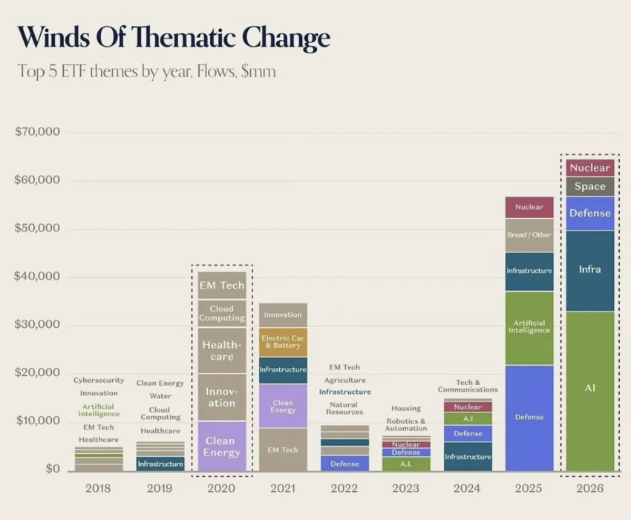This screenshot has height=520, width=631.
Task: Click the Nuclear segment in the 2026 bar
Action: [590, 168]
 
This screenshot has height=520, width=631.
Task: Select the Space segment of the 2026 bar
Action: [590, 187]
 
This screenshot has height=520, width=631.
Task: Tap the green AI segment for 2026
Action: [590, 391]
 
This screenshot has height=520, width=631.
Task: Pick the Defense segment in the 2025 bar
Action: [529, 418]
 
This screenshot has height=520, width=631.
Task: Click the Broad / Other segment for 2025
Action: [529, 235]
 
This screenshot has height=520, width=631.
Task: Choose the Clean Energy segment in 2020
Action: [222, 446]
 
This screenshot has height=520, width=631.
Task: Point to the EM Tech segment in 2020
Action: [222, 285]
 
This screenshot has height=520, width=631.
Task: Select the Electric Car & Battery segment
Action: [283, 342]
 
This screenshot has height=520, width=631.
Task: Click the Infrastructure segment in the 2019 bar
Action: [160, 464]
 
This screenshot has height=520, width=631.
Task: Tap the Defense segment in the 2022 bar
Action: [344, 464]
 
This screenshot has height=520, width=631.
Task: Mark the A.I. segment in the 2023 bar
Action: [406, 464]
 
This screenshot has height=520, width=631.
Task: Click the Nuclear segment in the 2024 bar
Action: [468, 407]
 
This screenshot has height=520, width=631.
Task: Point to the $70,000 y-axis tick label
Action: [37, 131]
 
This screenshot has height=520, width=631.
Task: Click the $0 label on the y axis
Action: [52, 469]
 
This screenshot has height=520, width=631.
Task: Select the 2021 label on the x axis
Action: [283, 488]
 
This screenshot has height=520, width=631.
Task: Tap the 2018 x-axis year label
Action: [98, 488]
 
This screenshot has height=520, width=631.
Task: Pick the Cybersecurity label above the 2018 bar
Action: [99, 380]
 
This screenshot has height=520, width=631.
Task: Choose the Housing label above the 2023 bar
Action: [406, 408]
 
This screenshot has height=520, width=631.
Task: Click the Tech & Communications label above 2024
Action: [468, 386]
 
